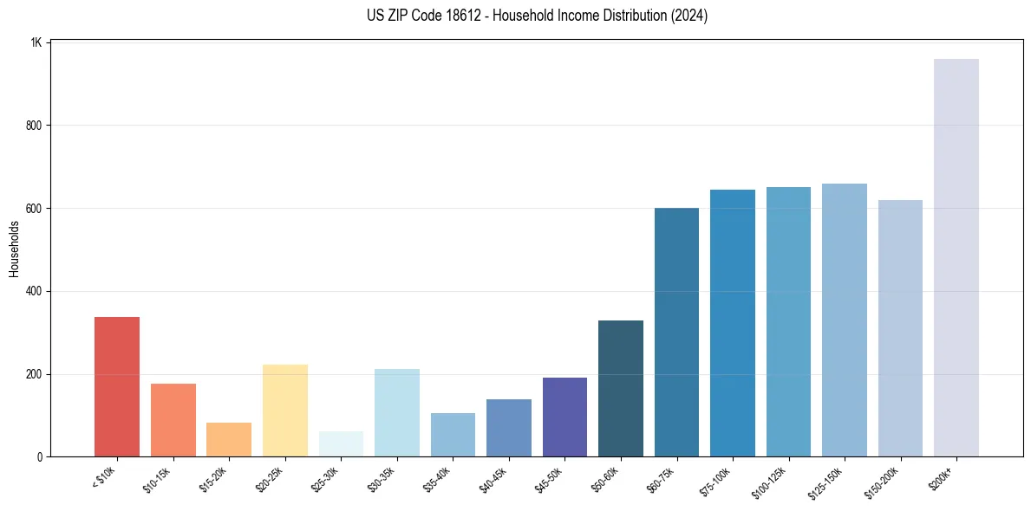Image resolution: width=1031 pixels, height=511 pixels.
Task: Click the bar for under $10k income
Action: (x=117, y=386)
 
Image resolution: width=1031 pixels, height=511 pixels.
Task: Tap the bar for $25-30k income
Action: (x=341, y=443)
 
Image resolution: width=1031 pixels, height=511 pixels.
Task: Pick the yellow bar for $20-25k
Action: (x=285, y=411)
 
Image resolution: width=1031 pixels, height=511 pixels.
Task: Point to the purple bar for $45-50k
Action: (x=564, y=417)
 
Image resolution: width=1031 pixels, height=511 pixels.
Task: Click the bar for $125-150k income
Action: (x=845, y=320)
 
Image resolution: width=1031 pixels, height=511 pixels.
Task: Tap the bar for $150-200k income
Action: (x=900, y=328)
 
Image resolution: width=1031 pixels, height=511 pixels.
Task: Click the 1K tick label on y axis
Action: (x=36, y=42)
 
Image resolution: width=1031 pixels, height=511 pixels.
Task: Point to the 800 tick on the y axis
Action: (x=34, y=126)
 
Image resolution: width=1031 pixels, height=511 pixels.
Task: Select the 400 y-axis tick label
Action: (x=34, y=292)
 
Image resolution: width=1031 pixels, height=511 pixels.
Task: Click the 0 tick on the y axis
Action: (x=40, y=457)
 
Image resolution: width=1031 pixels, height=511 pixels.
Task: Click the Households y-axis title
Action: (x=15, y=249)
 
